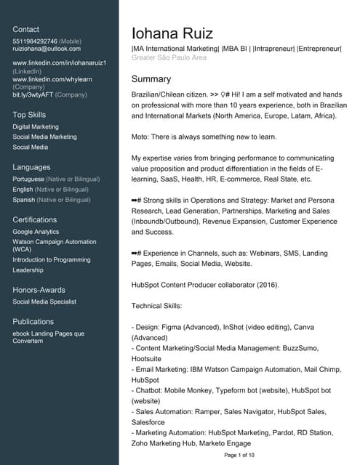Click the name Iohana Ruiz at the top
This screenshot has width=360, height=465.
[x=172, y=33]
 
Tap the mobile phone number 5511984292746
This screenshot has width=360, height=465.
[x=34, y=41]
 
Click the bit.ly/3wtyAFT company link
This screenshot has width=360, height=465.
[x=32, y=94]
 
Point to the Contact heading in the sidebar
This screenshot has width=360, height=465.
[x=26, y=29]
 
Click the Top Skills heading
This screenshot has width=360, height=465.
[x=29, y=115]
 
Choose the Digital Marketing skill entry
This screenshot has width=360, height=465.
[x=36, y=126]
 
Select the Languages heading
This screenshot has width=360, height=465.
[x=31, y=167]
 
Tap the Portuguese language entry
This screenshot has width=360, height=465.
[x=28, y=179]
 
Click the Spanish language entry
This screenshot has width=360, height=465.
[x=25, y=200]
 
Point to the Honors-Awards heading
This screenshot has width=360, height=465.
[x=39, y=290]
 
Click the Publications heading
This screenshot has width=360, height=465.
[x=33, y=321]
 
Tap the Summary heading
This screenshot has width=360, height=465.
[x=151, y=79]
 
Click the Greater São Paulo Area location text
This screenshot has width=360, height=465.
[x=169, y=57]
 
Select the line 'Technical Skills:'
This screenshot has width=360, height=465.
[x=156, y=307]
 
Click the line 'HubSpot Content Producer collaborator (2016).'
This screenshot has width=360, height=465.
[x=205, y=284]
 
